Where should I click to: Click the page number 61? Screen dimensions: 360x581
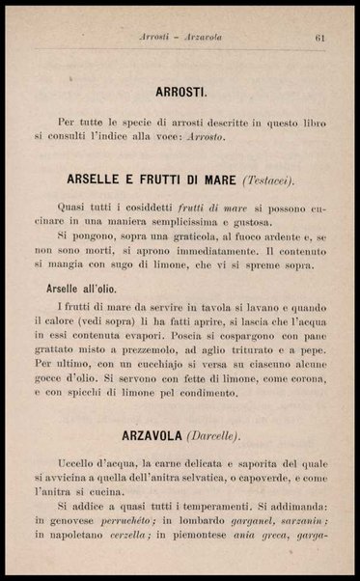click(319, 38)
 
